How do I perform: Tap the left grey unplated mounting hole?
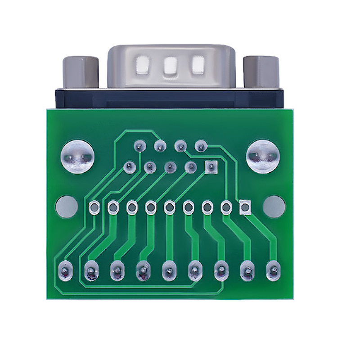click(67, 207)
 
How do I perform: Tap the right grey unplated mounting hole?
click(274, 207)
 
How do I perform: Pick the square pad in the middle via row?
click(245, 207)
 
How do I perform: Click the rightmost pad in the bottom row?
click(273, 271)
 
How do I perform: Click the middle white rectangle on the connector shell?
click(170, 66)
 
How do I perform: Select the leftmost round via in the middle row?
click(94, 207)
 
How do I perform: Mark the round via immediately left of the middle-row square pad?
click(226, 207)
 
